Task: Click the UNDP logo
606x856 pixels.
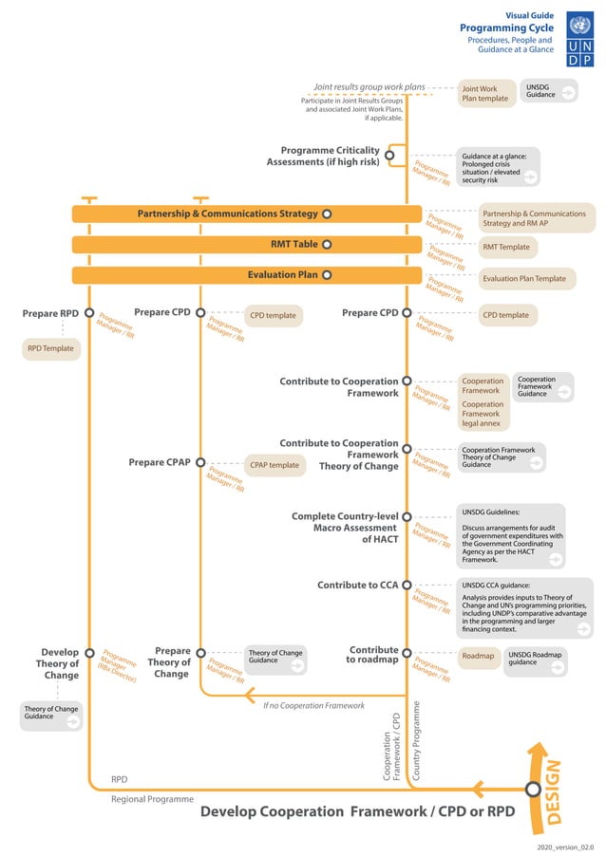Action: point(579,39)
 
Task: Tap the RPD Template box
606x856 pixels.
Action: point(48,349)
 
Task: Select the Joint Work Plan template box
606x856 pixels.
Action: point(485,93)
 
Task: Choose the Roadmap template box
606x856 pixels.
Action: point(479,656)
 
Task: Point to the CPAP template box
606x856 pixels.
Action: point(275,465)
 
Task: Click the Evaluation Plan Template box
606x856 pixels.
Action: point(524,279)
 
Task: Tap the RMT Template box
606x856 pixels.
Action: point(506,247)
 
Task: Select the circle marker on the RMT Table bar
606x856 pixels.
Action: point(326,244)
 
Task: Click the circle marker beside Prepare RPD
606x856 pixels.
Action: point(89,312)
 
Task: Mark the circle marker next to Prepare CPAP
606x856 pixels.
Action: point(200,463)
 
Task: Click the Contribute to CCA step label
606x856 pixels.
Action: point(357,585)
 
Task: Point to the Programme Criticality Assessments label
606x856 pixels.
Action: point(323,156)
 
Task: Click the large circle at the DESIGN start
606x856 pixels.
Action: point(533,789)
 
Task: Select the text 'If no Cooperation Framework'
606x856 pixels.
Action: point(313,705)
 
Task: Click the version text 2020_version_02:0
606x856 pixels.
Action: point(565,845)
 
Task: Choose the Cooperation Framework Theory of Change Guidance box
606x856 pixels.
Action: point(502,457)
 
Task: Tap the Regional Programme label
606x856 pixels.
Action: point(152,799)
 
